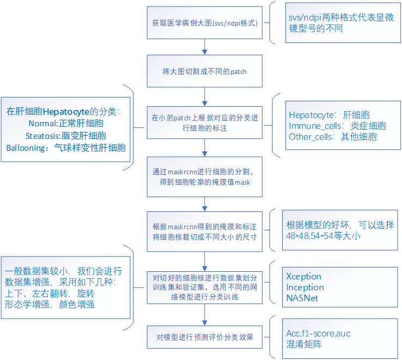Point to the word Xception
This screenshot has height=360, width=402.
303,276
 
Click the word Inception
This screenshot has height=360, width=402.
304,287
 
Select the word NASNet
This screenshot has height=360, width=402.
302,298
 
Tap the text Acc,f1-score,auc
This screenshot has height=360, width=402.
318,333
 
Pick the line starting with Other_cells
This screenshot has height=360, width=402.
332,137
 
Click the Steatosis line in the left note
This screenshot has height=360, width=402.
66,135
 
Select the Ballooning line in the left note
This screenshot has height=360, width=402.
66,147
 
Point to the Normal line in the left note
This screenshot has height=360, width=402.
66,123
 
